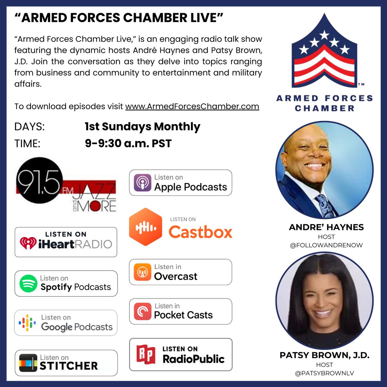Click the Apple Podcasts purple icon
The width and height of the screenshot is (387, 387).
point(142,183)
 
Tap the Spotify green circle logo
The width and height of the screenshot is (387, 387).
point(28,284)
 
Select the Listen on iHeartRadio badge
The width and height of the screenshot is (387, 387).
point(66,242)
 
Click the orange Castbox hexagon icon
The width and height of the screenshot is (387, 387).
point(146,227)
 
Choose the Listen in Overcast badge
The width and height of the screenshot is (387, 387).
point(181,272)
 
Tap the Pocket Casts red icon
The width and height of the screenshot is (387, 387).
point(142,311)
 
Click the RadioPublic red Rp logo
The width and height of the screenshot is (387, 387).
point(146,354)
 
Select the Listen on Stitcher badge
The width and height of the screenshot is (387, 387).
point(66,363)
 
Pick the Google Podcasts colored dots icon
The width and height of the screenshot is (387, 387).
point(27,323)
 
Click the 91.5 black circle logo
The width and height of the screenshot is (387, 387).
point(39,180)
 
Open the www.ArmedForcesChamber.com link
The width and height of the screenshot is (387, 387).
point(192,106)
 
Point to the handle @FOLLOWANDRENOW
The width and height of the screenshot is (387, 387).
point(326,245)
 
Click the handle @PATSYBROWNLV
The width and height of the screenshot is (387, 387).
point(324,373)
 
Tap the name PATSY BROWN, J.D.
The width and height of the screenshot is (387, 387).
point(325,355)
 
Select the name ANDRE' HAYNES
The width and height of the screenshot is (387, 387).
point(326,227)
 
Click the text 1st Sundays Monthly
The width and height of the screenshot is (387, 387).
point(142,127)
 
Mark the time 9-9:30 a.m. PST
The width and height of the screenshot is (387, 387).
point(128,143)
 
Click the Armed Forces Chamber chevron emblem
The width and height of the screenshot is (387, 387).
point(325,53)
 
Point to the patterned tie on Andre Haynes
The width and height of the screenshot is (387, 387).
point(325,205)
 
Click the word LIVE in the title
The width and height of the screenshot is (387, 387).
point(204,18)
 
